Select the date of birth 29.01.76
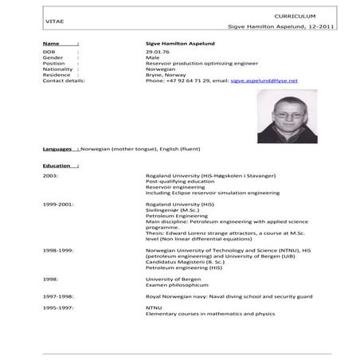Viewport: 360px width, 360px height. [x=156, y=52]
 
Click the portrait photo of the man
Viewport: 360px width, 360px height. [x=283, y=115]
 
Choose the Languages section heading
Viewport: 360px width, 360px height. [x=60, y=149]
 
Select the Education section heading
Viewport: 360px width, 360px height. [x=61, y=166]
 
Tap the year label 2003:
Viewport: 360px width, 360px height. [x=51, y=174]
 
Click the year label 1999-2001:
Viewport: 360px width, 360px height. [x=58, y=203]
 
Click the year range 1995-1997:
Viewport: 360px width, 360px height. [x=58, y=307]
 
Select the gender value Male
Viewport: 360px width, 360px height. [x=153, y=58]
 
